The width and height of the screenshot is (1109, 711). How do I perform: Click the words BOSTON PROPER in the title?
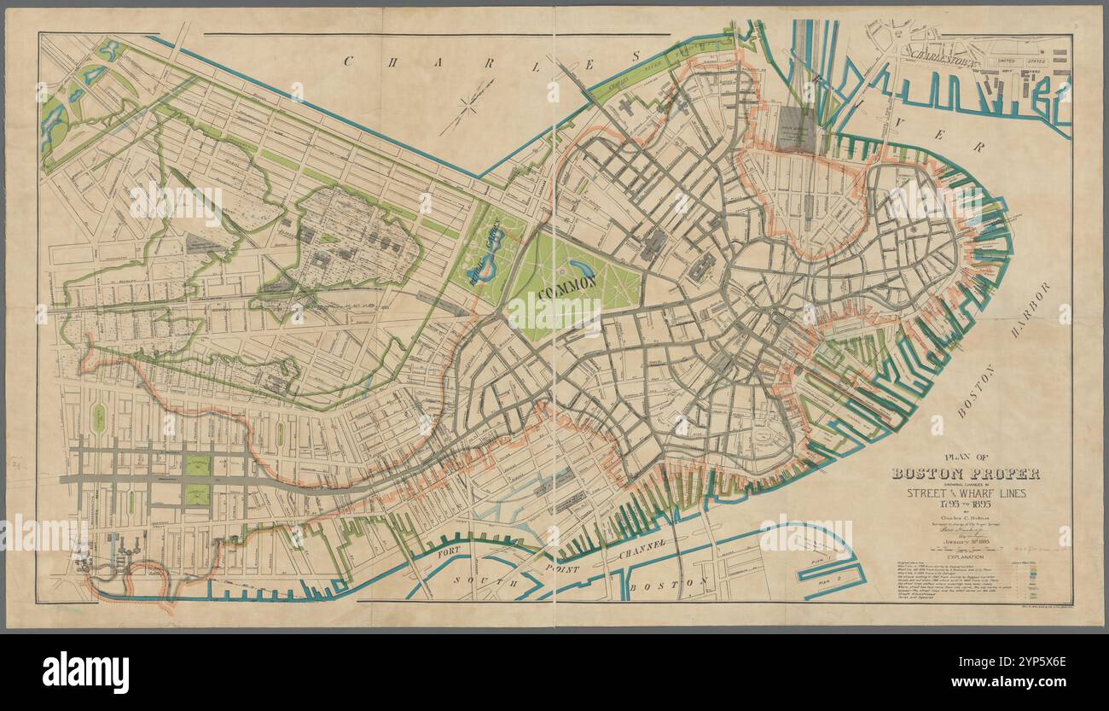click(x=965, y=474)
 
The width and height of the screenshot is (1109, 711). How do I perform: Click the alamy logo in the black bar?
click(x=85, y=671)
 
